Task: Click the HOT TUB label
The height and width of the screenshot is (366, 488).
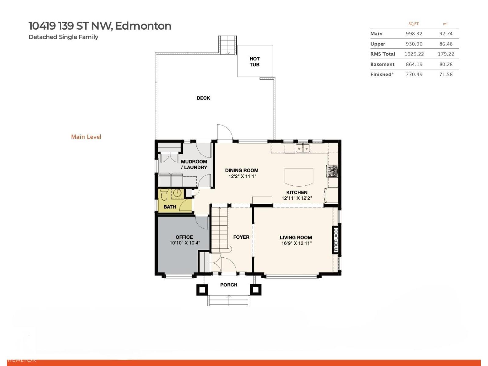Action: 254,62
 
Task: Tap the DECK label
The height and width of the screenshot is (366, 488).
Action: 203,98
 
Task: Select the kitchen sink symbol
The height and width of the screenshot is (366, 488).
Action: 303,149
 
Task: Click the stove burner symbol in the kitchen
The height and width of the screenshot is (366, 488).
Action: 332,171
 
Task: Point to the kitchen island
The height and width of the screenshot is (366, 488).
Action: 299,177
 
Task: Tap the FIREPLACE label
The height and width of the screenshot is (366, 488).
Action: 336,240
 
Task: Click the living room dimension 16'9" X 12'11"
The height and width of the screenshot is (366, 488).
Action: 296,243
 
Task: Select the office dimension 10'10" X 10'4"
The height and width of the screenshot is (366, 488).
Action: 185,243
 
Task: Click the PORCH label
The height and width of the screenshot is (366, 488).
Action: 229,285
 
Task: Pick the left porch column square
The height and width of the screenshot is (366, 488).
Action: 202,289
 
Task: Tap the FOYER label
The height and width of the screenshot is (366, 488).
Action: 241,237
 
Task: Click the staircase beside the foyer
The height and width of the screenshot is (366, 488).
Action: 220,229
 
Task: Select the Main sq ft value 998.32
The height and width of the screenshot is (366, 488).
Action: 414,34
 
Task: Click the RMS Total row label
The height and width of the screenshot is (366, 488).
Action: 382,54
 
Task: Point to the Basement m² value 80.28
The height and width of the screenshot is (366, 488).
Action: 446,64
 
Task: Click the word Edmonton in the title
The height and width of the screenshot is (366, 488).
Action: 143,26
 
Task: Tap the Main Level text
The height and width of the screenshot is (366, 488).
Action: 86,137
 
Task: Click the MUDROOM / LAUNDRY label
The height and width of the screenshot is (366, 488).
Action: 194,164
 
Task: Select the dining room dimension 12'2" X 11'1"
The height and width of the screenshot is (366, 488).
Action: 242,176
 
